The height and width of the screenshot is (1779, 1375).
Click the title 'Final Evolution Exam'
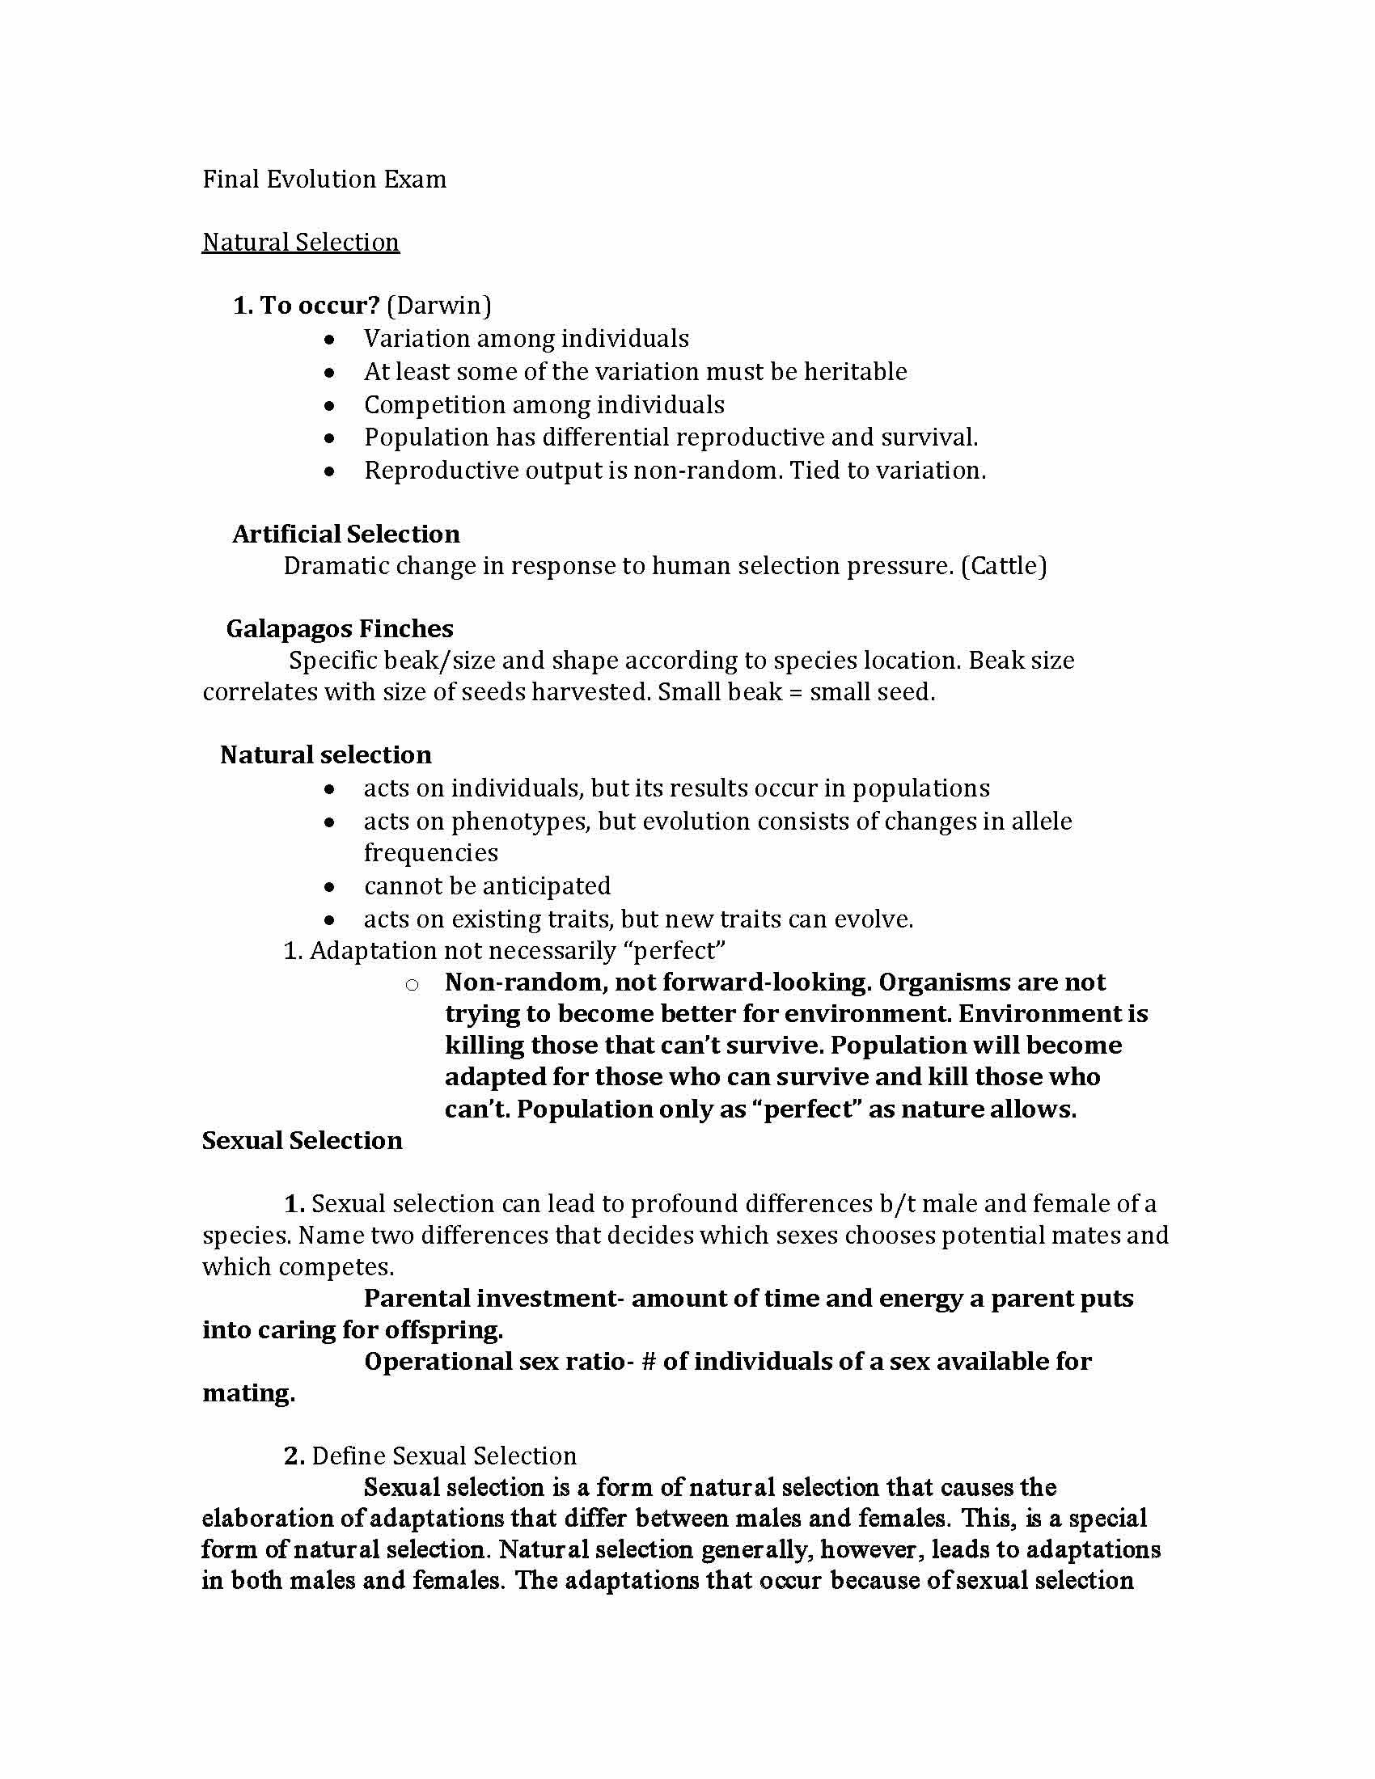324,180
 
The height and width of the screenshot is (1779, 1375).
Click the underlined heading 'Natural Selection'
301,243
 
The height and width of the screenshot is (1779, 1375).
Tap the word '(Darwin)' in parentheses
439,306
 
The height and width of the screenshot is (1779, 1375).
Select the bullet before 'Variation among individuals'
329,339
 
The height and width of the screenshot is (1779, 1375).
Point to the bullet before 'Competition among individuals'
329,405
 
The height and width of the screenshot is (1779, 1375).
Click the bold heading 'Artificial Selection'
346,534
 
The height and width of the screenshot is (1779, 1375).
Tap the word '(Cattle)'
1004,565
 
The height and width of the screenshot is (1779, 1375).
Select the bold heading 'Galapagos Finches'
340,629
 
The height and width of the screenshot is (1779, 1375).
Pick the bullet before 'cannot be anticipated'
329,887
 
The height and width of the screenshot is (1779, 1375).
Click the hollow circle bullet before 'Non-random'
412,985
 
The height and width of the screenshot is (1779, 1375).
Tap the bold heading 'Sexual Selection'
302,1140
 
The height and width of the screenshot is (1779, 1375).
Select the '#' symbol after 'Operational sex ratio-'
649,1361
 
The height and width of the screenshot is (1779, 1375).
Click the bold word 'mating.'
248,1393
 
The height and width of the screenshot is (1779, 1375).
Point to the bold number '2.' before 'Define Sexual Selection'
294,1456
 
